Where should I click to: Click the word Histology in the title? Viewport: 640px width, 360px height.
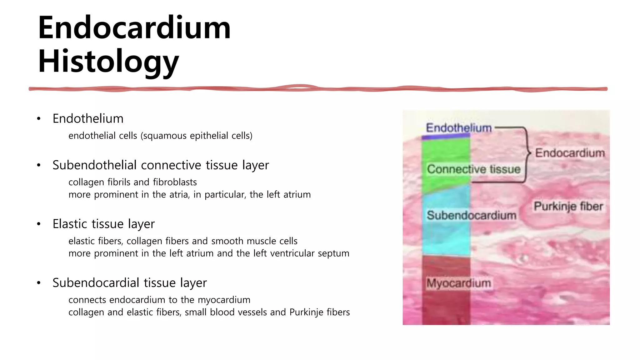click(x=108, y=62)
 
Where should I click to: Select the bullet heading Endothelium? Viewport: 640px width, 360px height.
click(x=88, y=119)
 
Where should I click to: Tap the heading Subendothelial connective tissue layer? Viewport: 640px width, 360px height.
click(x=160, y=165)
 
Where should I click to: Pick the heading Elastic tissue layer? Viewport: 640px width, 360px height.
click(x=103, y=224)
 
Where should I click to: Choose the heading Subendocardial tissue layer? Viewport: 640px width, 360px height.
click(x=129, y=282)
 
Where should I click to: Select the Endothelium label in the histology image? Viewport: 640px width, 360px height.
click(x=458, y=128)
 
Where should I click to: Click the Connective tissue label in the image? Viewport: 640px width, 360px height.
click(x=473, y=169)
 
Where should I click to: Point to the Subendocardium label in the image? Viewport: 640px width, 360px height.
click(x=471, y=215)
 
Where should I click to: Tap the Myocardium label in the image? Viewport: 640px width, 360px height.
click(x=458, y=283)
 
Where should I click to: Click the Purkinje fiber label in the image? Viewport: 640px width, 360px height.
click(x=568, y=206)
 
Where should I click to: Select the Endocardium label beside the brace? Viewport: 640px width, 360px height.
click(x=570, y=153)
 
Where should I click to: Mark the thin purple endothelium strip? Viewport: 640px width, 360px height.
click(x=446, y=136)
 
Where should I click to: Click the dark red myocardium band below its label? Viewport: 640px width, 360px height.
click(x=446, y=308)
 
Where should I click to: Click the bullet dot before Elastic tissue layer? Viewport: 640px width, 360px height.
click(x=39, y=224)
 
